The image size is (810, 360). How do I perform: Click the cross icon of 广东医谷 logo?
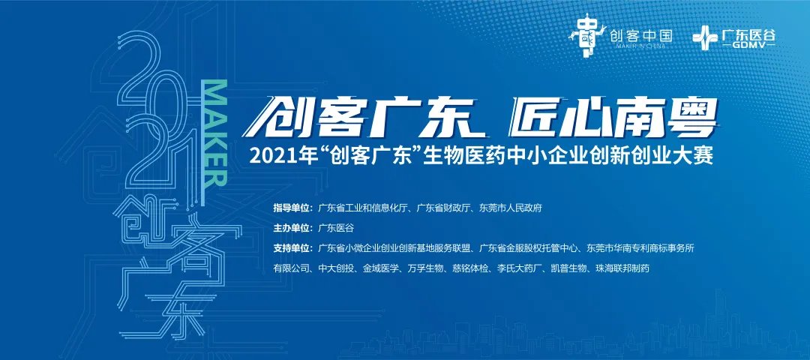(x=703, y=36)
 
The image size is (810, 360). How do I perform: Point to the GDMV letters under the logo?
(x=752, y=46)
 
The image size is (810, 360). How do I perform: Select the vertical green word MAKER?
(x=214, y=132)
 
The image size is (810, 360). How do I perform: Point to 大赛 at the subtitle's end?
(x=689, y=157)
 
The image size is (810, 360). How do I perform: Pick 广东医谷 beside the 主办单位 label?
(x=335, y=228)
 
